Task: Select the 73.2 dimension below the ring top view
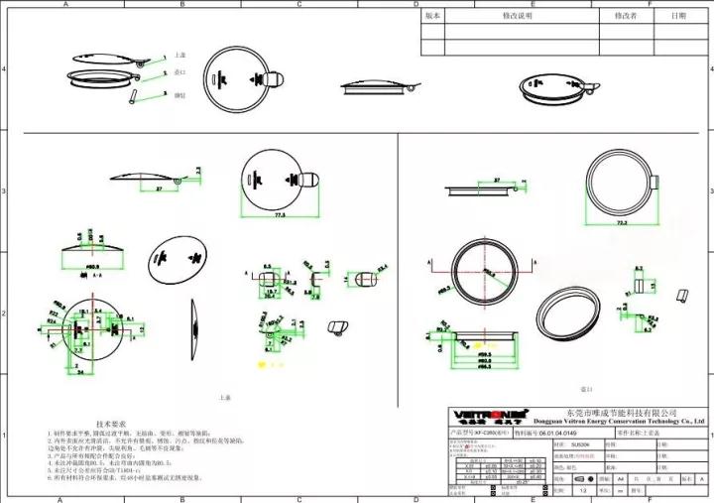(x=622, y=223)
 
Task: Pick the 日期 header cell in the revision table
(x=678, y=17)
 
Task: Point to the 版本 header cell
(x=432, y=17)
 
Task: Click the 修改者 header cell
(x=625, y=17)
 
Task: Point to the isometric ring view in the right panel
(x=567, y=310)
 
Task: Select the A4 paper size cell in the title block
(x=621, y=478)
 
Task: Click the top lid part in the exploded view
(x=106, y=58)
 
